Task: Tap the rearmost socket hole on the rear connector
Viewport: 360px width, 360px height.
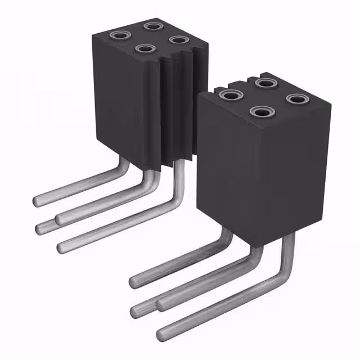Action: coord(152,26)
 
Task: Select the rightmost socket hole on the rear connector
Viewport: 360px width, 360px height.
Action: coord(178,40)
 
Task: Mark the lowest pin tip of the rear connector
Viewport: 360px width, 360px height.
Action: coord(61,246)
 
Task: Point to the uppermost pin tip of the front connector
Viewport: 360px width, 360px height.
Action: coord(134,280)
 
